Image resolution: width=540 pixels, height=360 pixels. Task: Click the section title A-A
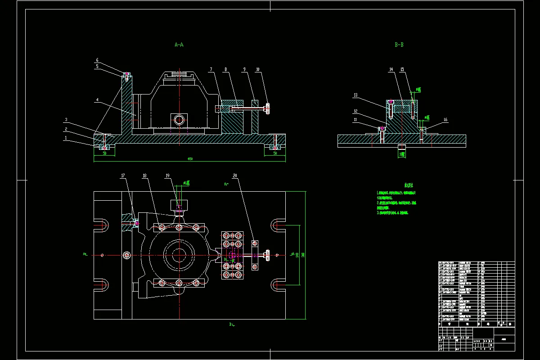click(x=179, y=45)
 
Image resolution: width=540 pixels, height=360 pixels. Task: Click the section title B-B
click(x=399, y=45)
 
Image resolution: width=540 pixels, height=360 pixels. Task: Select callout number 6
click(x=97, y=60)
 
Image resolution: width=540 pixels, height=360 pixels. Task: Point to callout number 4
click(x=97, y=100)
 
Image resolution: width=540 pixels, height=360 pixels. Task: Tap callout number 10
click(x=258, y=70)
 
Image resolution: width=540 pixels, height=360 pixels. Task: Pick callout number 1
click(x=66, y=138)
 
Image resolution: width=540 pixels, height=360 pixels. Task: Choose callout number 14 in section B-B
click(x=391, y=70)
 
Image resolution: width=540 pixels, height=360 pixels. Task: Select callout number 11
click(x=355, y=120)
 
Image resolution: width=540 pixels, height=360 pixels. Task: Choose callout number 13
click(x=355, y=95)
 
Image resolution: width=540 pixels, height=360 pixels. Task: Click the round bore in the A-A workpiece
click(x=179, y=120)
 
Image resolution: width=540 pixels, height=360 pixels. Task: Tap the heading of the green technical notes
click(x=409, y=184)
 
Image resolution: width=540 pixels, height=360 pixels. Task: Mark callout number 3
click(x=66, y=120)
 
